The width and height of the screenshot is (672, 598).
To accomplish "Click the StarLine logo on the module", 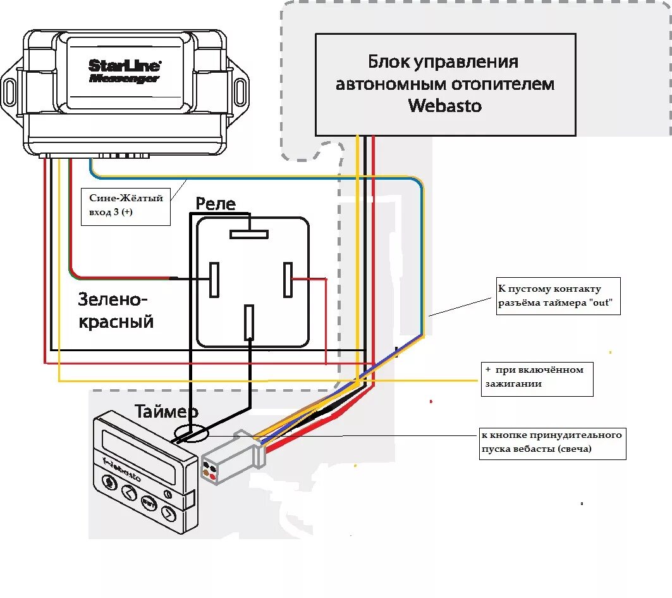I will coord(124,65).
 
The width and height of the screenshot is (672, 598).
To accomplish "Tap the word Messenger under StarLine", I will coord(124,78).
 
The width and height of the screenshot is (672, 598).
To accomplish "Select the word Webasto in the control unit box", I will coord(445,105).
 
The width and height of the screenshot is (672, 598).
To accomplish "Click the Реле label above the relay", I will coord(215,203).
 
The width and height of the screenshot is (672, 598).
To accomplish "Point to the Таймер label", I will coord(166,412).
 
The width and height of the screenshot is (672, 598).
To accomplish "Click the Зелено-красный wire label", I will coord(116,310).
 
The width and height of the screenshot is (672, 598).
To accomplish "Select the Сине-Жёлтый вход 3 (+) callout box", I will coord(126,206).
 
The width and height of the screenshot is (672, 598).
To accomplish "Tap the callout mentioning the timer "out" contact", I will coord(557,296).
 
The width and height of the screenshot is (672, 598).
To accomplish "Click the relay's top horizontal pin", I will coord(249,234).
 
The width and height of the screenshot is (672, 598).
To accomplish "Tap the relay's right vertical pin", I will coord(288,278).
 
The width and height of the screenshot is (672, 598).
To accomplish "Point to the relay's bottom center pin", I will coord(249,321).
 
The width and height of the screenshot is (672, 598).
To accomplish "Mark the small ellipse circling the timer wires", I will coord(190,434).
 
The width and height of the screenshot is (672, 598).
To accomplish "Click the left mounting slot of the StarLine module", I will coord(10,91).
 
